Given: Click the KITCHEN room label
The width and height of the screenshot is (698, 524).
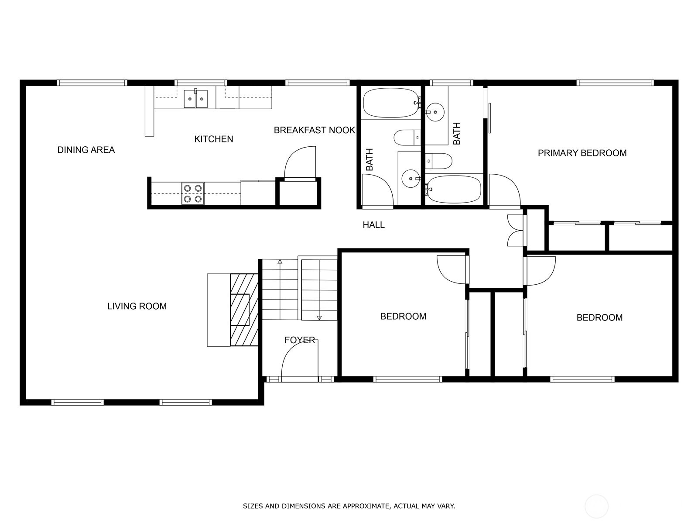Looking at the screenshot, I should (213, 139).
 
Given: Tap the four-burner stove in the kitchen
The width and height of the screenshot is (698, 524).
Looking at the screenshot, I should (193, 193).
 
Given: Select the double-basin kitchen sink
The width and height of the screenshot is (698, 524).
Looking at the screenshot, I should (195, 99).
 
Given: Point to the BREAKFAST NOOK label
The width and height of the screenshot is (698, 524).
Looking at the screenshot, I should (314, 130).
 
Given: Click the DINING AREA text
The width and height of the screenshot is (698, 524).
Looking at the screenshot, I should (86, 150).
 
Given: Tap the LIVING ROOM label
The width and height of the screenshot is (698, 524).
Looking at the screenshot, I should (137, 306).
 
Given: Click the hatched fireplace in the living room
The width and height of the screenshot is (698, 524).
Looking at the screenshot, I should (244, 310).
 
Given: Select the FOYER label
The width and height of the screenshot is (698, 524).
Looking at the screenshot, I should (300, 340).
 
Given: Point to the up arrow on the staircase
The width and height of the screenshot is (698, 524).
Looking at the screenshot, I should (280, 262).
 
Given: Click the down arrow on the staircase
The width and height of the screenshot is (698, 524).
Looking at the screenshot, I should (319, 317).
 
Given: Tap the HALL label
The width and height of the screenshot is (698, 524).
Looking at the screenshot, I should (373, 225).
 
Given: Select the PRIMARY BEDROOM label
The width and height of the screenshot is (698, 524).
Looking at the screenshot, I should (582, 153).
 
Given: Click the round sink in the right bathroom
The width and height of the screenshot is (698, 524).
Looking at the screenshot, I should (435, 112).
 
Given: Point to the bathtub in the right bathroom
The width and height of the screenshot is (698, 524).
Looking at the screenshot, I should (454, 189).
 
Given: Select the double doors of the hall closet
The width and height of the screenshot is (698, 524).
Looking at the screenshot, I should (515, 230).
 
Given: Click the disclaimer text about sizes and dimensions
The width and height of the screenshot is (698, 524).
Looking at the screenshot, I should (349, 507).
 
